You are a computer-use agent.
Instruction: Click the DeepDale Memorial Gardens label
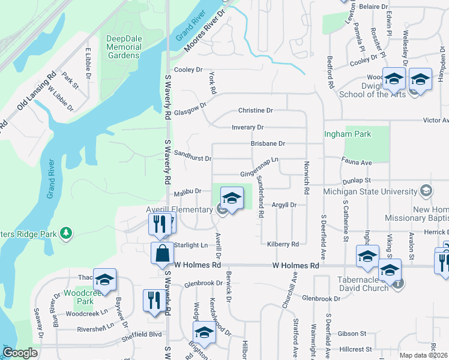click(x=123, y=47)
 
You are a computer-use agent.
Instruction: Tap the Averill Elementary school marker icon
click(x=232, y=198)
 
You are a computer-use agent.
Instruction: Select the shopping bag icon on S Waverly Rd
click(x=162, y=254)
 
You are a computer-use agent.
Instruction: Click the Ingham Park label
click(x=348, y=134)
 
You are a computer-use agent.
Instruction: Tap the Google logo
click(x=20, y=353)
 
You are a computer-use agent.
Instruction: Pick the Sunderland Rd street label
click(x=261, y=197)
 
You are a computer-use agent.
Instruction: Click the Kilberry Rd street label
click(x=282, y=244)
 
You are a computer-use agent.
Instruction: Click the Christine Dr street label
click(x=255, y=110)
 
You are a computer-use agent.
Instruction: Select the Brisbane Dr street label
click(x=268, y=143)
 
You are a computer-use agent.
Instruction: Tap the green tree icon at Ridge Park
click(x=66, y=232)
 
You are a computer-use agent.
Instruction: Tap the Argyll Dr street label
click(x=285, y=205)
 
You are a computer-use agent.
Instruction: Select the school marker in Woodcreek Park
click(x=104, y=280)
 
